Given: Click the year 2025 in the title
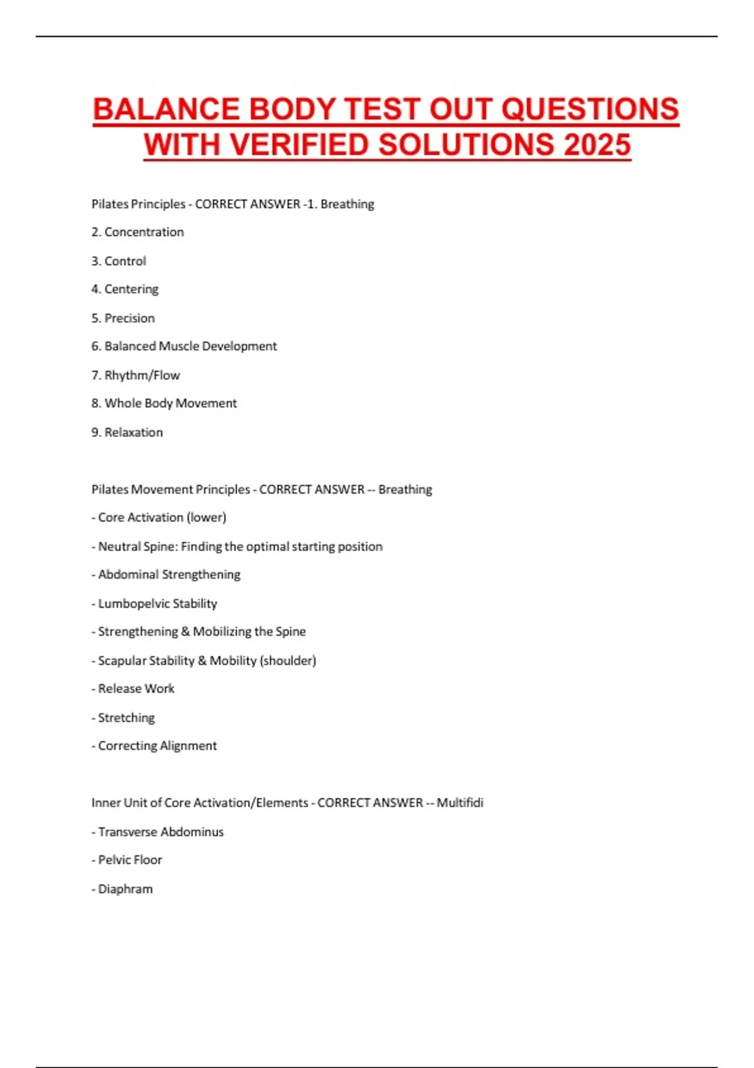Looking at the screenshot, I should pyautogui.click(x=597, y=144).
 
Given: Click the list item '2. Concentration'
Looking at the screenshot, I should pyautogui.click(x=138, y=232).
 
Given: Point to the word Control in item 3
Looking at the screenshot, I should pyautogui.click(x=125, y=261).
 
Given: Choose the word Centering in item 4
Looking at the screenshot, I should pyautogui.click(x=131, y=290).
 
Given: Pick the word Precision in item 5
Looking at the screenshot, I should pyautogui.click(x=129, y=319).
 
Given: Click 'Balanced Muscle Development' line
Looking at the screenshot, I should pyautogui.click(x=184, y=347).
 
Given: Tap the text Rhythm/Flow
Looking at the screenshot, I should pyautogui.click(x=142, y=376).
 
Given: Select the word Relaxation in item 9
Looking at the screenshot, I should pyautogui.click(x=133, y=433).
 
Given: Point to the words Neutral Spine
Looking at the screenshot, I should pyautogui.click(x=138, y=547).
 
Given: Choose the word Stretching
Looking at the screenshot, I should pyautogui.click(x=126, y=718).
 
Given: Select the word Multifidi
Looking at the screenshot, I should pyautogui.click(x=460, y=803).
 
